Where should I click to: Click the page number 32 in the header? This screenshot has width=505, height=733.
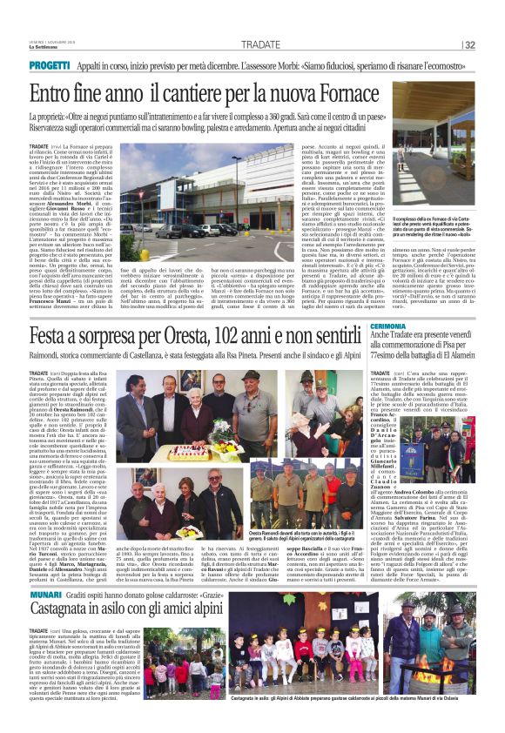click(494, 45)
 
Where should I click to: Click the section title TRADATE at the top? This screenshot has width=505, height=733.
click(261, 44)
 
